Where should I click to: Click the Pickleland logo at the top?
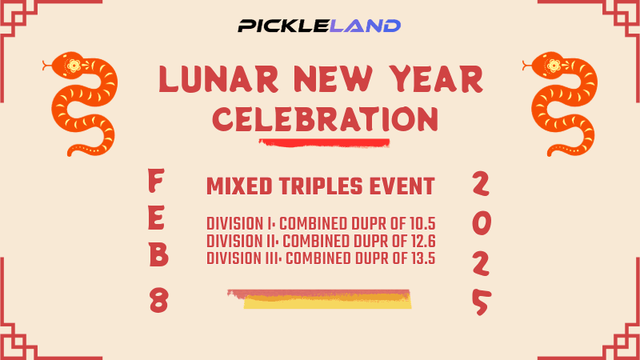pyautogui.click(x=319, y=26)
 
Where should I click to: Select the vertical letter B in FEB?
pyautogui.click(x=158, y=258)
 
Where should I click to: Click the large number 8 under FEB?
pyautogui.click(x=158, y=301)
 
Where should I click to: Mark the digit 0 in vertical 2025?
pyautogui.click(x=480, y=223)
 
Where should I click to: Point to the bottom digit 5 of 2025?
pyautogui.click(x=480, y=302)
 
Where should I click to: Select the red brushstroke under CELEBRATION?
pyautogui.click(x=324, y=143)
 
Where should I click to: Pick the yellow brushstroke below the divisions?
pyautogui.click(x=328, y=301)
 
